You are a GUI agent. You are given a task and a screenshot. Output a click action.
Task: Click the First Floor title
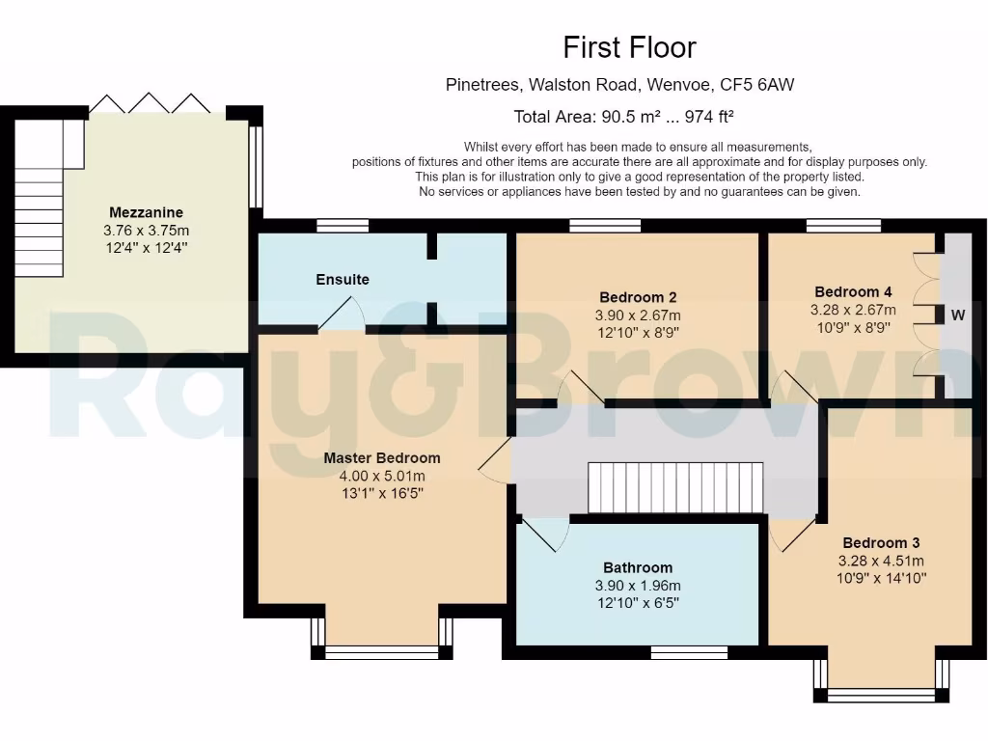(629, 47)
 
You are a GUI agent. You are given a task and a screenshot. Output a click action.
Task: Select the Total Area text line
(623, 117)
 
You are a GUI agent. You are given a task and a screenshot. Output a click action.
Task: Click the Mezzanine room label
(146, 212)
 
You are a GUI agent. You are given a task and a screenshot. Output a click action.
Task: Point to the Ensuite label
(343, 280)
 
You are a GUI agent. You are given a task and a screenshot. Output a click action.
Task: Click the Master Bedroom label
(381, 458)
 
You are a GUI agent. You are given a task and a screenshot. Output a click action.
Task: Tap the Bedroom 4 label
(853, 291)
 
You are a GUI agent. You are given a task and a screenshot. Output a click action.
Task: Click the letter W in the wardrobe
(958, 315)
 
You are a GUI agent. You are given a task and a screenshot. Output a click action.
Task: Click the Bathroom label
(638, 567)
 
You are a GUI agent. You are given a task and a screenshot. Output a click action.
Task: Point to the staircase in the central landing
(675, 487)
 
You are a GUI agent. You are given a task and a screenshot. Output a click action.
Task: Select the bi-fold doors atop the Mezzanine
(150, 103)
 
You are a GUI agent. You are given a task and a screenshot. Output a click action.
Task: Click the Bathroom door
(543, 533)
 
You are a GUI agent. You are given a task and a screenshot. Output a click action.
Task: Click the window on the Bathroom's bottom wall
(689, 652)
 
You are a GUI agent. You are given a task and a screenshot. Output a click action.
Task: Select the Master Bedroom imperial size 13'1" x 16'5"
(381, 493)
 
